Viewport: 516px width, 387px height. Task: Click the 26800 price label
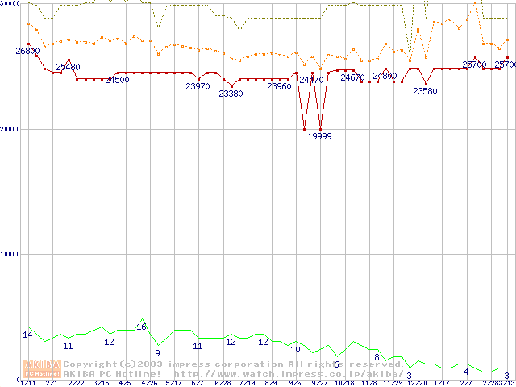27,51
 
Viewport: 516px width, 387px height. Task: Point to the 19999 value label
320,136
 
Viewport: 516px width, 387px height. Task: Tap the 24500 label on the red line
117,80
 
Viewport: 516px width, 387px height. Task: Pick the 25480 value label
68,67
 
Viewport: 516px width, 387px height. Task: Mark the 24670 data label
352,77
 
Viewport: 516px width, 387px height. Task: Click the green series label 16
141,327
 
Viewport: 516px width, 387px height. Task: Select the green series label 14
27,335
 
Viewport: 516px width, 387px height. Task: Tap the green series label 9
157,353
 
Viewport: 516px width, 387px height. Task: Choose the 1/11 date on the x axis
27,383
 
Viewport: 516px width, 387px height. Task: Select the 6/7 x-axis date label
198,383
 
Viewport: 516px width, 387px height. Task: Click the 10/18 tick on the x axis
344,383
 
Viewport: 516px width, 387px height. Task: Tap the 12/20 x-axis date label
417,383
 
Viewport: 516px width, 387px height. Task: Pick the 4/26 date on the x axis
149,383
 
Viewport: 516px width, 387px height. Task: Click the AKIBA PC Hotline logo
42,368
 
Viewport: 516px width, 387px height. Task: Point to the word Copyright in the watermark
87,364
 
